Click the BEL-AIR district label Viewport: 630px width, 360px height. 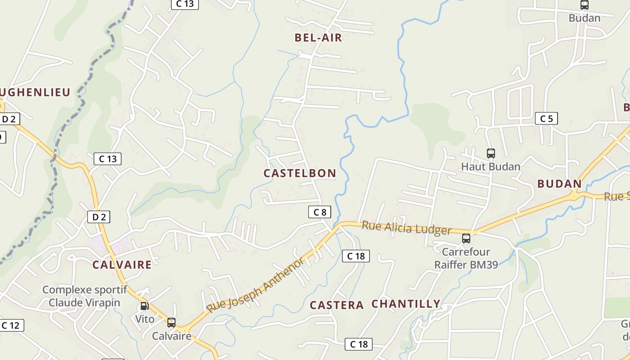tap(319, 38)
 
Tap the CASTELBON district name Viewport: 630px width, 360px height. tap(300, 173)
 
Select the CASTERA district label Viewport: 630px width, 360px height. tap(337, 305)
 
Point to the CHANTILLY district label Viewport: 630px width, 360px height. tap(406, 304)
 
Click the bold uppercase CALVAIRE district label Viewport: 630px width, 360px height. tap(122, 265)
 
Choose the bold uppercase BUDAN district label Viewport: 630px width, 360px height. tap(559, 184)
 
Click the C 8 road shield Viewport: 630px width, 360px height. tap(320, 212)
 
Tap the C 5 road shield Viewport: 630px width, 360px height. tap(546, 119)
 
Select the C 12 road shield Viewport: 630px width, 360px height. tap(11, 325)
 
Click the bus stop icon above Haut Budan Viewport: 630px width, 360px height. tap(491, 153)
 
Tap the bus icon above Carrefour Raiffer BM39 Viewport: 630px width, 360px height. tap(466, 238)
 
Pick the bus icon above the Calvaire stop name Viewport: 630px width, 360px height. tap(171, 322)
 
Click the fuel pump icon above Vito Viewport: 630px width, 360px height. tap(144, 306)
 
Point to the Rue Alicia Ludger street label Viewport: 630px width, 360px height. tap(406, 228)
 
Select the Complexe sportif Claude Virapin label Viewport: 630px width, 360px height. tap(85, 296)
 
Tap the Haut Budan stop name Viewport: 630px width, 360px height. tap(491, 166)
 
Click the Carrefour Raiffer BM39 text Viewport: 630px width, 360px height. tap(466, 258)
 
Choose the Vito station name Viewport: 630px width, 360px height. tap(145, 319)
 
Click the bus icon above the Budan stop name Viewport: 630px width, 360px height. tap(584, 5)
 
